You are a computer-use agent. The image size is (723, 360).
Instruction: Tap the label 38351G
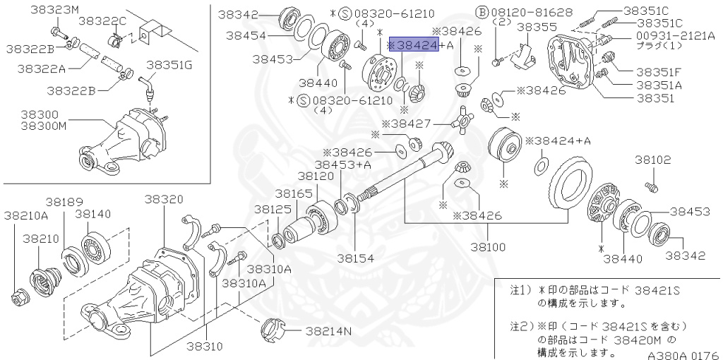[169, 65]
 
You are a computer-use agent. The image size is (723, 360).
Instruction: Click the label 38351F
[658, 71]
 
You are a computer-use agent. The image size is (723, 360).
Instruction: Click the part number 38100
[489, 247]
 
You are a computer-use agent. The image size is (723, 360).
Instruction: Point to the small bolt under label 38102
[651, 186]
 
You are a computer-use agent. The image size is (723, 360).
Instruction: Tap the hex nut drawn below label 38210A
[19, 296]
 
